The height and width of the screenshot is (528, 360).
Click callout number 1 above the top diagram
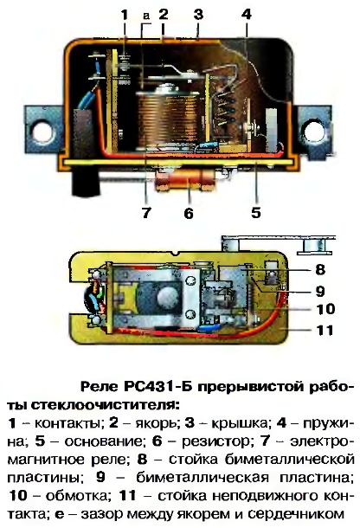[125, 16]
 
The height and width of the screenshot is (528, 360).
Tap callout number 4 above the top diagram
[246, 15]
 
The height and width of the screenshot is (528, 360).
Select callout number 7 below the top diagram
[146, 213]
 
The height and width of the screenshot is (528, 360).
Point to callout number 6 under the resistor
[189, 213]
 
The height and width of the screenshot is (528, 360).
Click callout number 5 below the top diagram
[256, 213]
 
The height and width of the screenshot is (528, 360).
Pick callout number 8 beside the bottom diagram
[319, 269]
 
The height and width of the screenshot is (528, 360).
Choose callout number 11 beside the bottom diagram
[325, 330]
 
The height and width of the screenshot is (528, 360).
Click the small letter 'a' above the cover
[146, 16]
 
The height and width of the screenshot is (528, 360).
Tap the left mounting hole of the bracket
[42, 131]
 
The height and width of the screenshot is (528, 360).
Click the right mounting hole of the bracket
[313, 131]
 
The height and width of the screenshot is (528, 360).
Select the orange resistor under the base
[185, 180]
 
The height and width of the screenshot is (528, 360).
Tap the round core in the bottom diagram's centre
[167, 297]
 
